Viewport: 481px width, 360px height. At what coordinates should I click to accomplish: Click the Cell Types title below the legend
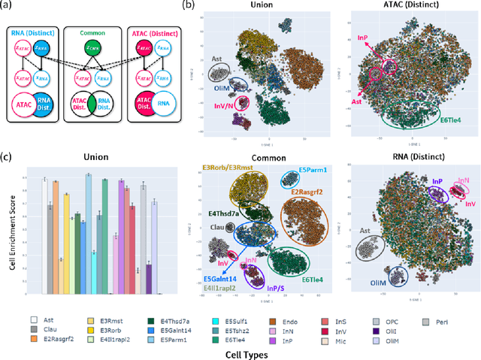pos(231,349)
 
